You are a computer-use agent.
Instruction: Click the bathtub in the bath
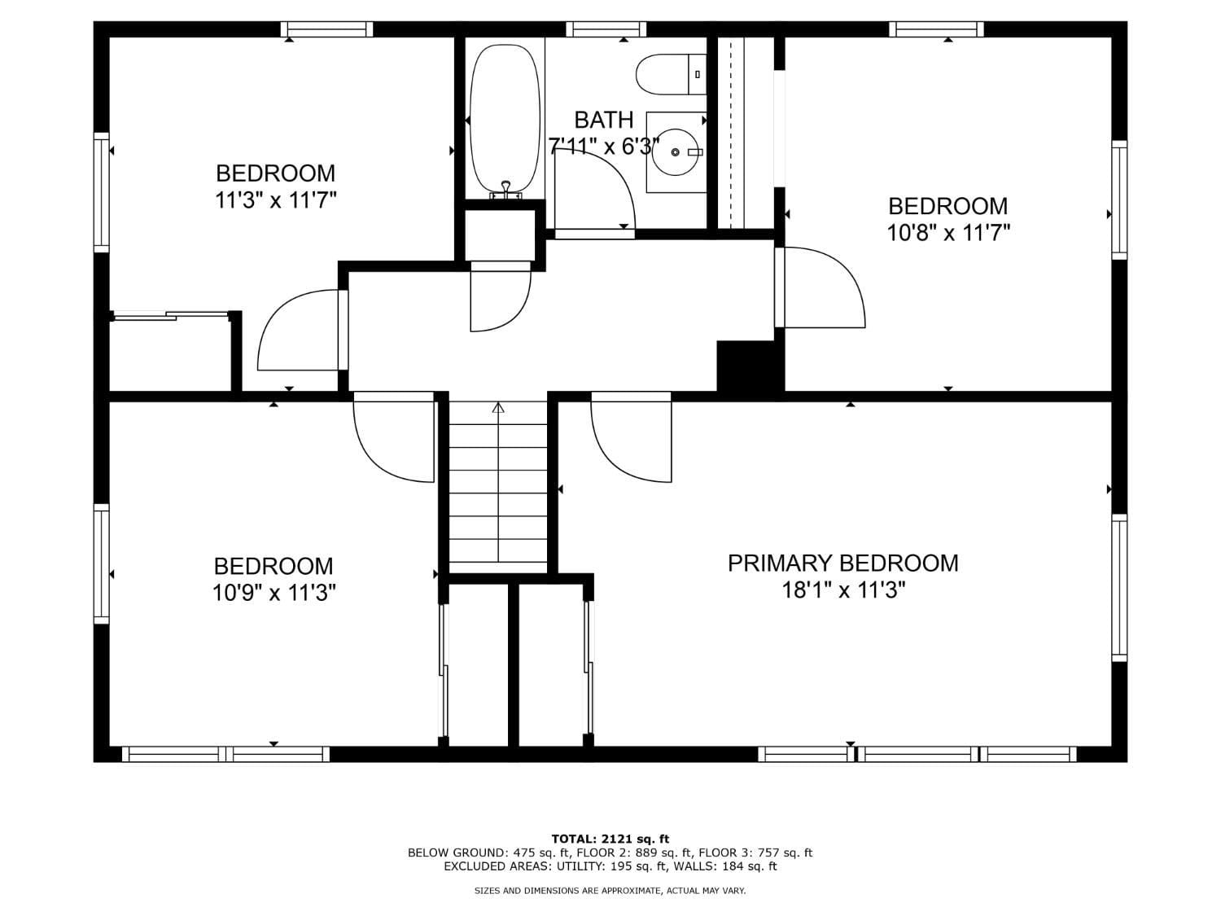[x=505, y=118]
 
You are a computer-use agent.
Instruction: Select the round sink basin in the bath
[x=676, y=152]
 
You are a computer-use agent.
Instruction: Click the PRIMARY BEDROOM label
[x=842, y=563]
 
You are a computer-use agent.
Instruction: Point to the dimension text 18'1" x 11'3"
[x=843, y=590]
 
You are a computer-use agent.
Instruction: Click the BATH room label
[x=603, y=120]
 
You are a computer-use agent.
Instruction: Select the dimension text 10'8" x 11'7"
[x=948, y=234]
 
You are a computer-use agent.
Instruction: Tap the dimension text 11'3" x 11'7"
[x=275, y=200]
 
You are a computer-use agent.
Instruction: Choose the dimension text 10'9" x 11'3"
[x=274, y=593]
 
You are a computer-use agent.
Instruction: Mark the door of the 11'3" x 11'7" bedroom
[x=297, y=334]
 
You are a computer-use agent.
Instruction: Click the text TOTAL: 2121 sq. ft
[x=610, y=839]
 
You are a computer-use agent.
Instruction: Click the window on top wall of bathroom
[x=606, y=29]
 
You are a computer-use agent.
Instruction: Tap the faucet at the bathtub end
[x=505, y=189]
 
